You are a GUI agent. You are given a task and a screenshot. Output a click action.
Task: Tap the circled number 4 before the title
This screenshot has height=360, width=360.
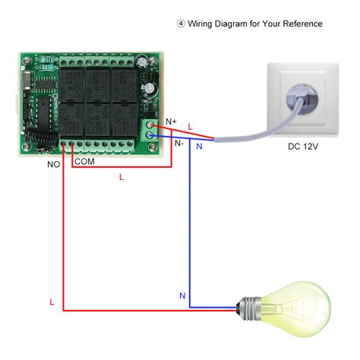[180, 24]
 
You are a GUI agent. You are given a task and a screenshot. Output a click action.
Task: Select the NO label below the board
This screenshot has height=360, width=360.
[54, 163]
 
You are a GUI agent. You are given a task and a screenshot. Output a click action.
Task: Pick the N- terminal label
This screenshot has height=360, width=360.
[178, 143]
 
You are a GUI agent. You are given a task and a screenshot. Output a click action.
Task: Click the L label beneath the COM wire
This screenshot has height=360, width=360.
[121, 177]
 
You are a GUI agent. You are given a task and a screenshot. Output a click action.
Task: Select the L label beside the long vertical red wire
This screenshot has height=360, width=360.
[52, 302]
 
